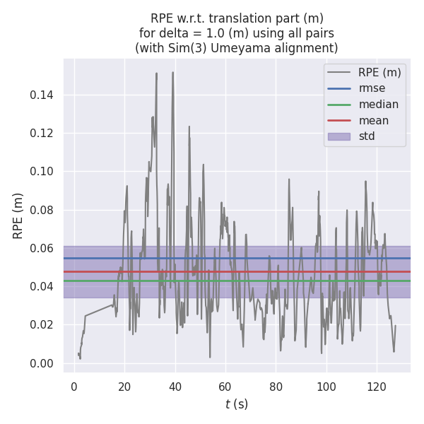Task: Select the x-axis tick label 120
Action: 377,387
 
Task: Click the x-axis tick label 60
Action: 225,387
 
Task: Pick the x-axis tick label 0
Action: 74,387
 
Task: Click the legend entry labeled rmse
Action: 368,88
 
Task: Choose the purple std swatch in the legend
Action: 338,136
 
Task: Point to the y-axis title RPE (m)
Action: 18,216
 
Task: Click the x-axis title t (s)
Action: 237,404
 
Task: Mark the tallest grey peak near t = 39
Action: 172,72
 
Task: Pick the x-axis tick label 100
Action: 326,387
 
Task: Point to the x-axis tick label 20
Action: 124,387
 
